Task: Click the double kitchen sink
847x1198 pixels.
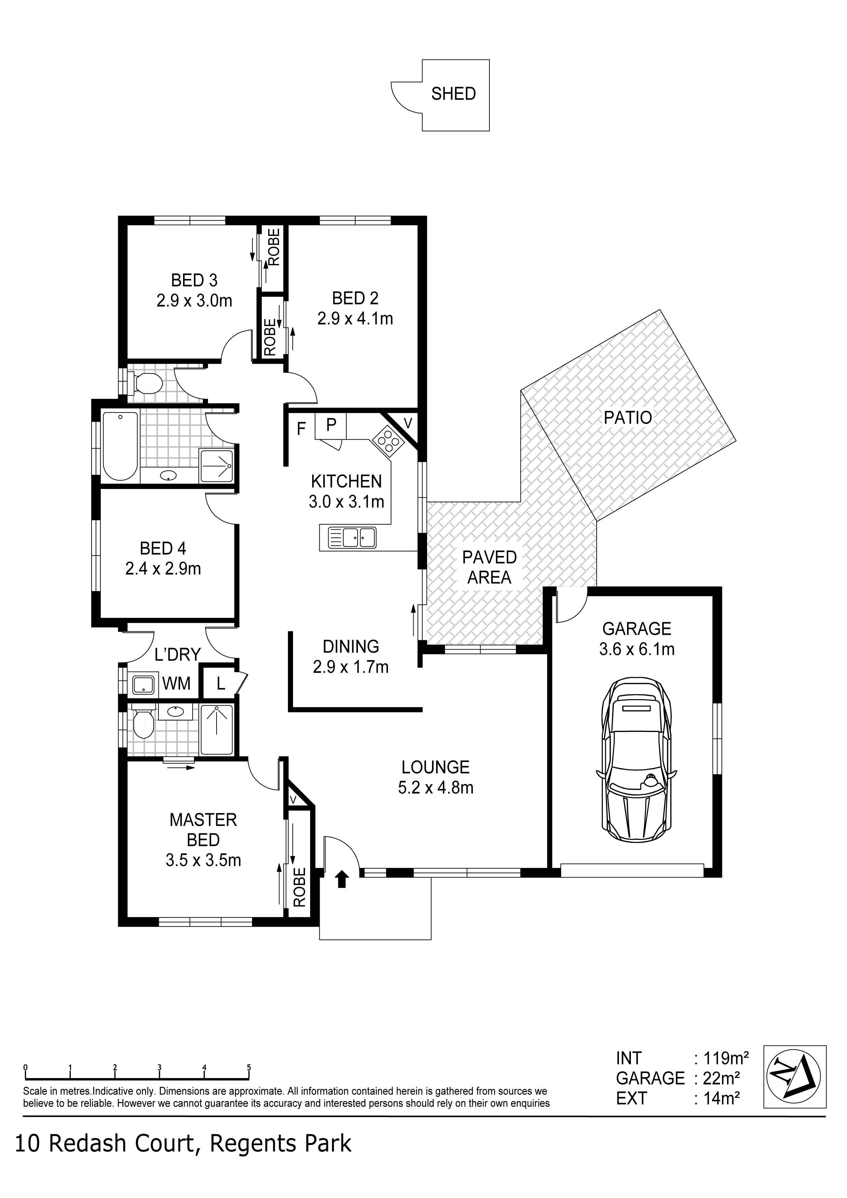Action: coord(352,538)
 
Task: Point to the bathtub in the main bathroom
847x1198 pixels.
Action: coord(121,446)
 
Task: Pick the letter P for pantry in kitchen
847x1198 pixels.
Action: coord(331,425)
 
